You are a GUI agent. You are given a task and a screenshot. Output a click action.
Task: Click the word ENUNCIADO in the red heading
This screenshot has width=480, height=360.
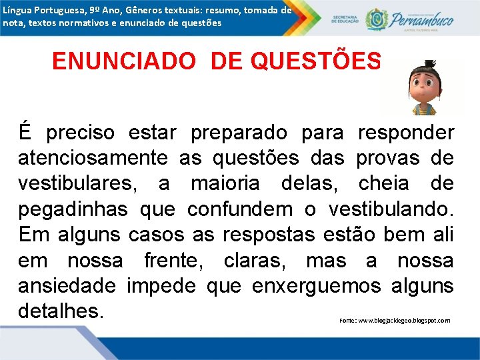tap(123, 61)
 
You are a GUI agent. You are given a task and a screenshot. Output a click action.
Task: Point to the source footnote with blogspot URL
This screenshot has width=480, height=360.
tap(395, 321)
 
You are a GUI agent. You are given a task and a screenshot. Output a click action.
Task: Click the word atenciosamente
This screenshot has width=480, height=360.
tap(93, 158)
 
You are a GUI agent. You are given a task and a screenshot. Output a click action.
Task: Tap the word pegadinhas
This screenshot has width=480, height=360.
tap(73, 209)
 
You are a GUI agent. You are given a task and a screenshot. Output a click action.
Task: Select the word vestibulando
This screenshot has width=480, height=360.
tap(391, 209)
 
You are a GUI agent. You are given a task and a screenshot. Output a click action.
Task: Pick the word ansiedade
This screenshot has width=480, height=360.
tap(67, 285)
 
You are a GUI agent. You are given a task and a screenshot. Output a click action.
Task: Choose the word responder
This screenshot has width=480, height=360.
tap(406, 133)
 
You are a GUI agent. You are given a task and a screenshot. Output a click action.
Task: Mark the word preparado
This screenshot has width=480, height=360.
tap(239, 133)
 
